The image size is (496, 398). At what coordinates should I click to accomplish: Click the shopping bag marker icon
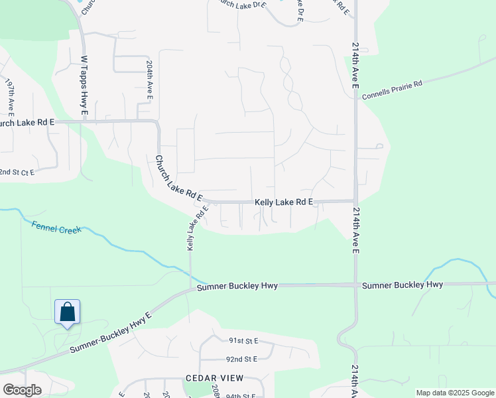coord(67,312)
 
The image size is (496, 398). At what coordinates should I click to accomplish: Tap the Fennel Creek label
coord(56,227)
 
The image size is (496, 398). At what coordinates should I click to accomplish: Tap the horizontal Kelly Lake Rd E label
coord(283,202)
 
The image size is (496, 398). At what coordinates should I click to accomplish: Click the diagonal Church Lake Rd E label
coord(178,178)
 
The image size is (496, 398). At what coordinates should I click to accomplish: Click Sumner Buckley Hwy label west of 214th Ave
coord(237,285)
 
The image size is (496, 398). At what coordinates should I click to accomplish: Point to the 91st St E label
coord(243,340)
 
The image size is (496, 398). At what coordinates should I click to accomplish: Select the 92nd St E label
coord(241,359)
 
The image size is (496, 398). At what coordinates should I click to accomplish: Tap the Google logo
coord(22,390)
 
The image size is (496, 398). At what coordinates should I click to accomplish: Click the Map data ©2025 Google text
coord(454,393)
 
